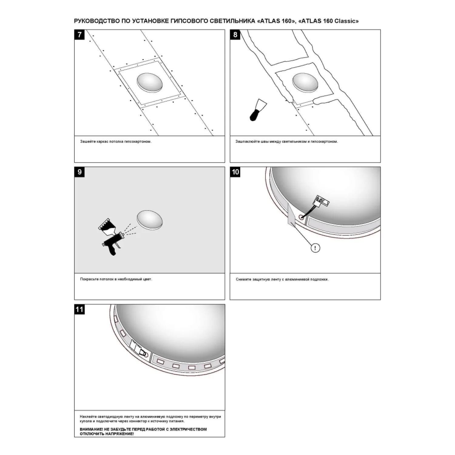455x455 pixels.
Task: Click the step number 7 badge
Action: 79,35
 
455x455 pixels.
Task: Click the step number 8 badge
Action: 235,35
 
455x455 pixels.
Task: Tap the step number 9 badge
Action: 79,172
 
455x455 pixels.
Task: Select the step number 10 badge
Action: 235,172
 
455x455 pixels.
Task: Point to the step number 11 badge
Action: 79,309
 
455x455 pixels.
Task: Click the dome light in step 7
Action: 150,82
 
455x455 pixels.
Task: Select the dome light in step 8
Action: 305,83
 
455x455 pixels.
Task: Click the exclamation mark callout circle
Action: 315,248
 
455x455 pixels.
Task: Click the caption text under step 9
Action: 116,279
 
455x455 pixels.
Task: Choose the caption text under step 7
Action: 116,142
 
